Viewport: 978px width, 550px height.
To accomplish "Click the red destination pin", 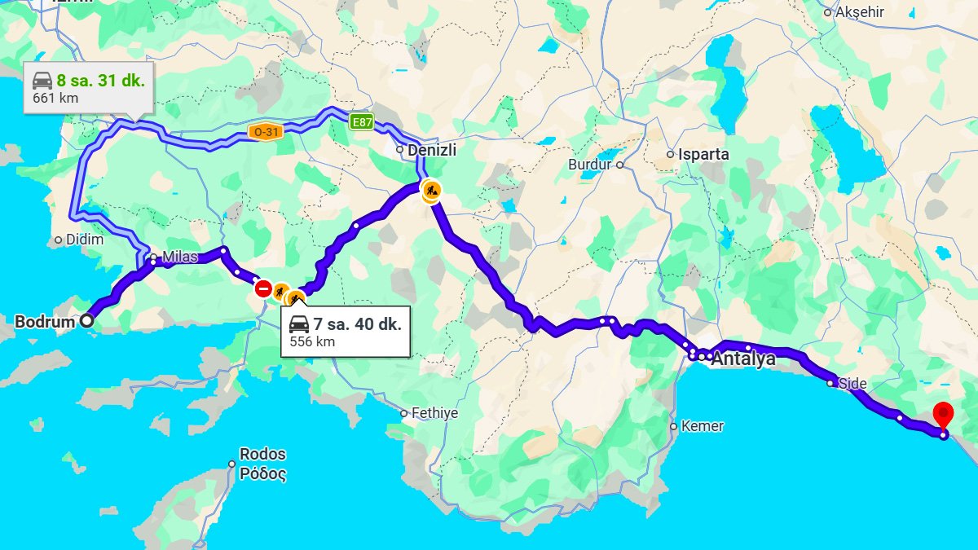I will (x=943, y=413).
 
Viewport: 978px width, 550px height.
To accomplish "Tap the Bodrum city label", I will (x=45, y=321).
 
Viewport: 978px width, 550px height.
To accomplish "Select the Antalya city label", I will (x=744, y=359).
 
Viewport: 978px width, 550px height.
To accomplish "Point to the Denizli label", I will (x=432, y=150).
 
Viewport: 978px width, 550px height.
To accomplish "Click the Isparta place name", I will (x=703, y=154).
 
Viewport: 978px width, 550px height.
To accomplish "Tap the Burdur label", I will (x=589, y=165).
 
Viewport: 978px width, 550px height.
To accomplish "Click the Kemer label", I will (x=703, y=426).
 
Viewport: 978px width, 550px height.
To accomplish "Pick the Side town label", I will (x=852, y=383).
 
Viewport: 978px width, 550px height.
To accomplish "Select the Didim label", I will (x=85, y=240).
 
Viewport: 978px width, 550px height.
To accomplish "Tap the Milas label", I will (x=179, y=257).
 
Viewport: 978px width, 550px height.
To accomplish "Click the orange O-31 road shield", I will (x=266, y=132).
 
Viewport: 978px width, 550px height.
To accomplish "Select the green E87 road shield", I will (x=361, y=122).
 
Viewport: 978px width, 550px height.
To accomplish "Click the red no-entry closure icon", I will (x=262, y=288).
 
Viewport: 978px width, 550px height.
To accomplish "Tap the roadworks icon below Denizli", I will (x=430, y=191).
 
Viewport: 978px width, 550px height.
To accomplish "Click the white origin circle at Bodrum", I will (x=86, y=321).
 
